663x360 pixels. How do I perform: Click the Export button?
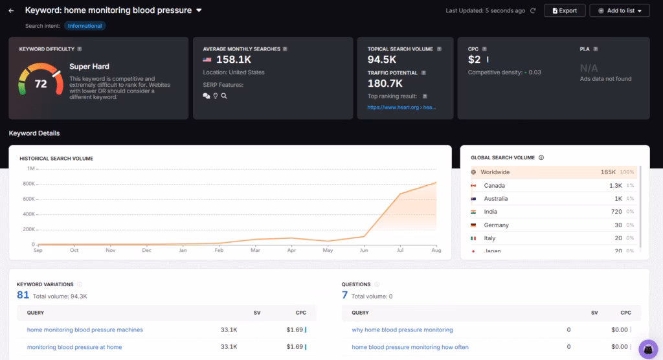coord(565,10)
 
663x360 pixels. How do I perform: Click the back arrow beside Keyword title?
coord(11,10)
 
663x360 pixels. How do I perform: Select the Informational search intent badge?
coord(84,26)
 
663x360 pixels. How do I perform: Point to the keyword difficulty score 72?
coord(41,84)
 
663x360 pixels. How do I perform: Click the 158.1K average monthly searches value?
coord(234,60)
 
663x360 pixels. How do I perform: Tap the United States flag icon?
coord(208,60)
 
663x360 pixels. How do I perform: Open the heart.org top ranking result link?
coord(401,107)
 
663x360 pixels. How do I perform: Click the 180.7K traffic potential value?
coord(386,84)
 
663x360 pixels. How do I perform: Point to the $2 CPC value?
coord(474,60)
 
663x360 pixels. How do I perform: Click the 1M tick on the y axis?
coord(30,168)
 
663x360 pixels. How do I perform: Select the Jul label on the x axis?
coord(401,250)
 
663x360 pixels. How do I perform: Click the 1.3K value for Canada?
coord(615,186)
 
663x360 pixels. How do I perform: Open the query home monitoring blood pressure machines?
coord(85,330)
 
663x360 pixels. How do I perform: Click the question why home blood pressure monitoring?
coord(402,330)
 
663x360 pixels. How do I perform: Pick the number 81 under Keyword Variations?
coord(23,295)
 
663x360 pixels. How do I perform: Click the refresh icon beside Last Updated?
coord(533,10)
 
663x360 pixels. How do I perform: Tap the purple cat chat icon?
coord(648,350)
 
